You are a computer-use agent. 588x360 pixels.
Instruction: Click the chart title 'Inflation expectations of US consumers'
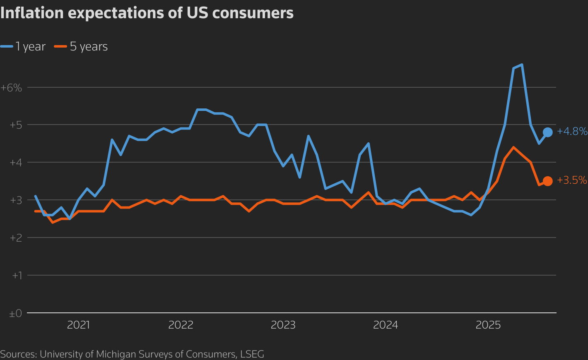(x=147, y=13)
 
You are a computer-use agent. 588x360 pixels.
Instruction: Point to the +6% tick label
(x=12, y=88)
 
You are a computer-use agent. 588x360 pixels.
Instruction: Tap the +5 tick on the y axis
(x=16, y=125)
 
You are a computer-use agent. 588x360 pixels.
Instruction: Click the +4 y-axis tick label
(x=16, y=163)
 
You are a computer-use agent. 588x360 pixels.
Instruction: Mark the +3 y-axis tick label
(x=16, y=200)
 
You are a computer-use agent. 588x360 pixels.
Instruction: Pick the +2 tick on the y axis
(x=16, y=238)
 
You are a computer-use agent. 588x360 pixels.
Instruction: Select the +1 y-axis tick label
(x=17, y=276)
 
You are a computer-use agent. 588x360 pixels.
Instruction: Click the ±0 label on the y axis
(x=15, y=314)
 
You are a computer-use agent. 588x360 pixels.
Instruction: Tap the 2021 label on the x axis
(x=78, y=325)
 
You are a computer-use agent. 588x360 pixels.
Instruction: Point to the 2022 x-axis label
(x=181, y=325)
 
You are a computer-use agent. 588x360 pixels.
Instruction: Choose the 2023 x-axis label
(x=283, y=325)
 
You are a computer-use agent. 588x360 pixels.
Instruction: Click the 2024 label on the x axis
(x=386, y=325)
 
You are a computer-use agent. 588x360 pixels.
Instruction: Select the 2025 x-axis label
(x=488, y=325)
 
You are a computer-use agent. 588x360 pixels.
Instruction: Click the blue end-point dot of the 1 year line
(x=547, y=132)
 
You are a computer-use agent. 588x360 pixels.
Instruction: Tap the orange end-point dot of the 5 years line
(x=547, y=181)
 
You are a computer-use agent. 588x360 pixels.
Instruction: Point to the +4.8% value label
(x=572, y=132)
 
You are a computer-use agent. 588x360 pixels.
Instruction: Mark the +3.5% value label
(x=572, y=180)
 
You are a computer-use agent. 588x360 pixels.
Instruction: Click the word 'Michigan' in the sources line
(x=113, y=354)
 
